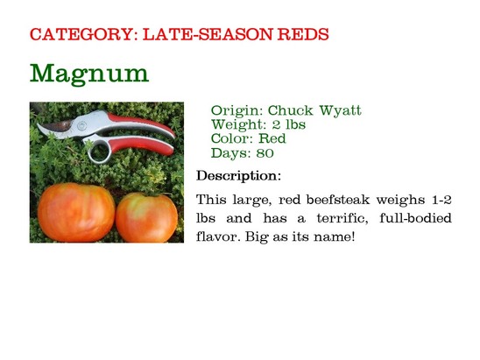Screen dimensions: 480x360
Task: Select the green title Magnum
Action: pos(89,74)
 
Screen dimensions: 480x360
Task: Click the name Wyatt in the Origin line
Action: pos(340,110)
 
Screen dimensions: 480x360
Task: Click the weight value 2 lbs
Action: pos(289,124)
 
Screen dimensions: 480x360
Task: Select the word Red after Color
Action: pos(272,138)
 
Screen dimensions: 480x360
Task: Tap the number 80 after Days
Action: pos(265,153)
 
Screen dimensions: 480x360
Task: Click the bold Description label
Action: pos(238,176)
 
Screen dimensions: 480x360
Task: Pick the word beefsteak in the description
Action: pos(337,200)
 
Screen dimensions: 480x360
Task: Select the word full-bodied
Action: pos(415,218)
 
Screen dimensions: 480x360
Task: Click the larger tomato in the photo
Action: pos(76,212)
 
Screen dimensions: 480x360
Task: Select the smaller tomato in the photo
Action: pos(146,217)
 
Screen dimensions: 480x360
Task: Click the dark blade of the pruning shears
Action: pos(57,126)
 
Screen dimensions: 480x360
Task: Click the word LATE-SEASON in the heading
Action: pos(208,34)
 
